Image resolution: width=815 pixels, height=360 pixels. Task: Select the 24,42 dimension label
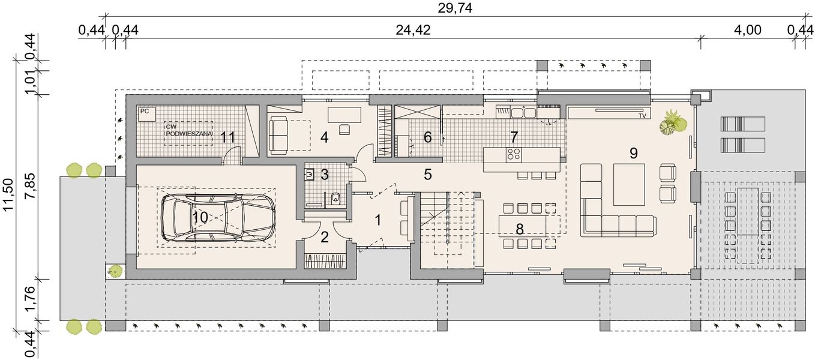pyautogui.click(x=413, y=31)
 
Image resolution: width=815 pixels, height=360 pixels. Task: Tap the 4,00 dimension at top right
pyautogui.click(x=748, y=31)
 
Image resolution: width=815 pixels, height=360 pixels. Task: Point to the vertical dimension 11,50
pyautogui.click(x=8, y=194)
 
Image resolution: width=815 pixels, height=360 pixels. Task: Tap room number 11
pyautogui.click(x=227, y=137)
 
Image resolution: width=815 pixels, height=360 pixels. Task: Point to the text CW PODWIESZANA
pyautogui.click(x=188, y=131)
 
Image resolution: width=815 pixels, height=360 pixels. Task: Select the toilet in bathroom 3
pyautogui.click(x=335, y=197)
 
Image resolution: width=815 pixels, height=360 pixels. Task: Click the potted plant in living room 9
pyautogui.click(x=673, y=123)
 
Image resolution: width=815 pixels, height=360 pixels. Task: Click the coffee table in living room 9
pyautogui.click(x=628, y=184)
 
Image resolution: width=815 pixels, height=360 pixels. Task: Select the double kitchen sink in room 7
pyautogui.click(x=523, y=112)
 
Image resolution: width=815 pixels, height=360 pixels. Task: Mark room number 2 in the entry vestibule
pyautogui.click(x=325, y=237)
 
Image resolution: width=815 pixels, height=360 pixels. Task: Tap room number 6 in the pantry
pyautogui.click(x=427, y=137)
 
